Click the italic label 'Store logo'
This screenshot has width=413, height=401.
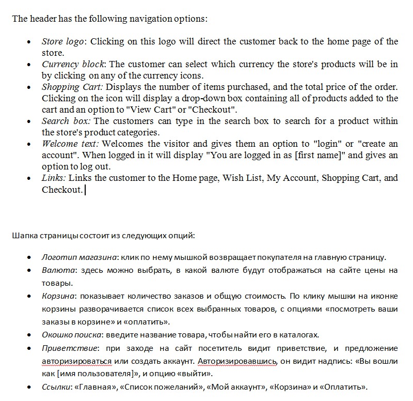[62, 42]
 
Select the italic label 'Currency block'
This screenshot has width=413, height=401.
[73, 65]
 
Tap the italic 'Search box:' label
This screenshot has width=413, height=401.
[65, 121]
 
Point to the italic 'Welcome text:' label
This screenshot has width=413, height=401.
[70, 144]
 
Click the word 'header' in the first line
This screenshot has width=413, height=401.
[44, 19]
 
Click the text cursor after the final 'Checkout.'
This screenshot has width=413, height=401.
[85, 190]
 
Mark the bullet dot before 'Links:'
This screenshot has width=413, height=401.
[29, 178]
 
